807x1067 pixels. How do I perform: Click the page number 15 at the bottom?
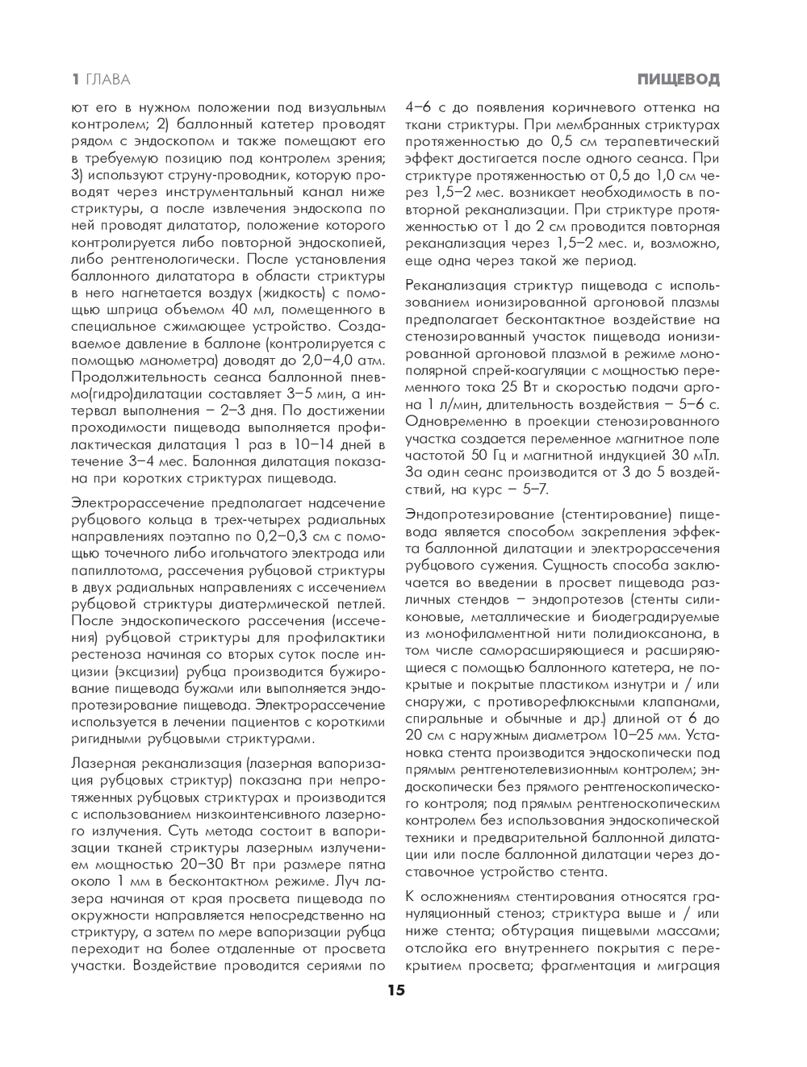395,991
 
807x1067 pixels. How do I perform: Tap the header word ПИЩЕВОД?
677,79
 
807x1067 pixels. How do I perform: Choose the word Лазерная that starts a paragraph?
102,763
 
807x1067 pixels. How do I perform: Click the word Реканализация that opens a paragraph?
458,286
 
